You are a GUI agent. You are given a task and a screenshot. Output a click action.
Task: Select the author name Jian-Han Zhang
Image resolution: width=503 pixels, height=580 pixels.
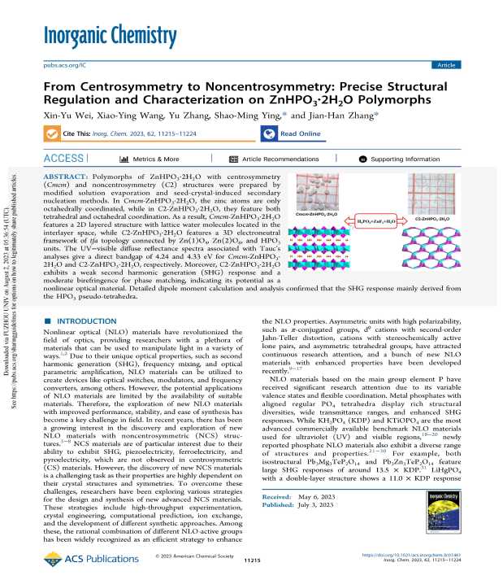click(x=353, y=115)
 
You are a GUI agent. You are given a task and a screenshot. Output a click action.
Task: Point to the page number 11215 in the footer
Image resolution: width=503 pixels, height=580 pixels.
click(x=250, y=562)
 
